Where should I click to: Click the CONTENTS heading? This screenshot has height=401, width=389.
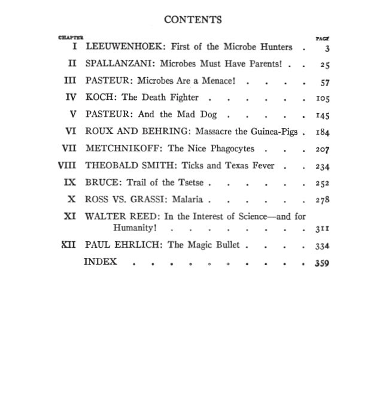(x=193, y=20)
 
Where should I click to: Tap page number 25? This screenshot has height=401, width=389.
(x=324, y=65)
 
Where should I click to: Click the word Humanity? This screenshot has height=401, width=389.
(x=136, y=228)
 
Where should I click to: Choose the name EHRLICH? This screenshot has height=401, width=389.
(x=136, y=245)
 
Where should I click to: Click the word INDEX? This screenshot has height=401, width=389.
(x=101, y=262)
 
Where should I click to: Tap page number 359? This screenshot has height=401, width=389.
(x=322, y=263)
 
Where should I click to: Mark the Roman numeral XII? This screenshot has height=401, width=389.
(x=69, y=245)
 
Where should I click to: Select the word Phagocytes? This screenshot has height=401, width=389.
(x=229, y=148)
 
